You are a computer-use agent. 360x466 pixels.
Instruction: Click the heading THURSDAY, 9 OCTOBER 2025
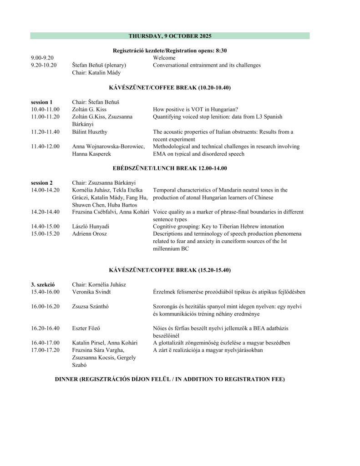pyautogui.click(x=170, y=35)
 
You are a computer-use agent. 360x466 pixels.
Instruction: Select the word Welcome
pyautogui.click(x=164, y=58)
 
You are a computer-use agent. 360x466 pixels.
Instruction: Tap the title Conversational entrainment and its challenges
pyautogui.click(x=207, y=65)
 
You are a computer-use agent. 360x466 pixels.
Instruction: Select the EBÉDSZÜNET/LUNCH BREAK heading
pyautogui.click(x=170, y=168)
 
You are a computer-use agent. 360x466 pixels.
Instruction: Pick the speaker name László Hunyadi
pyautogui.click(x=91, y=227)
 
